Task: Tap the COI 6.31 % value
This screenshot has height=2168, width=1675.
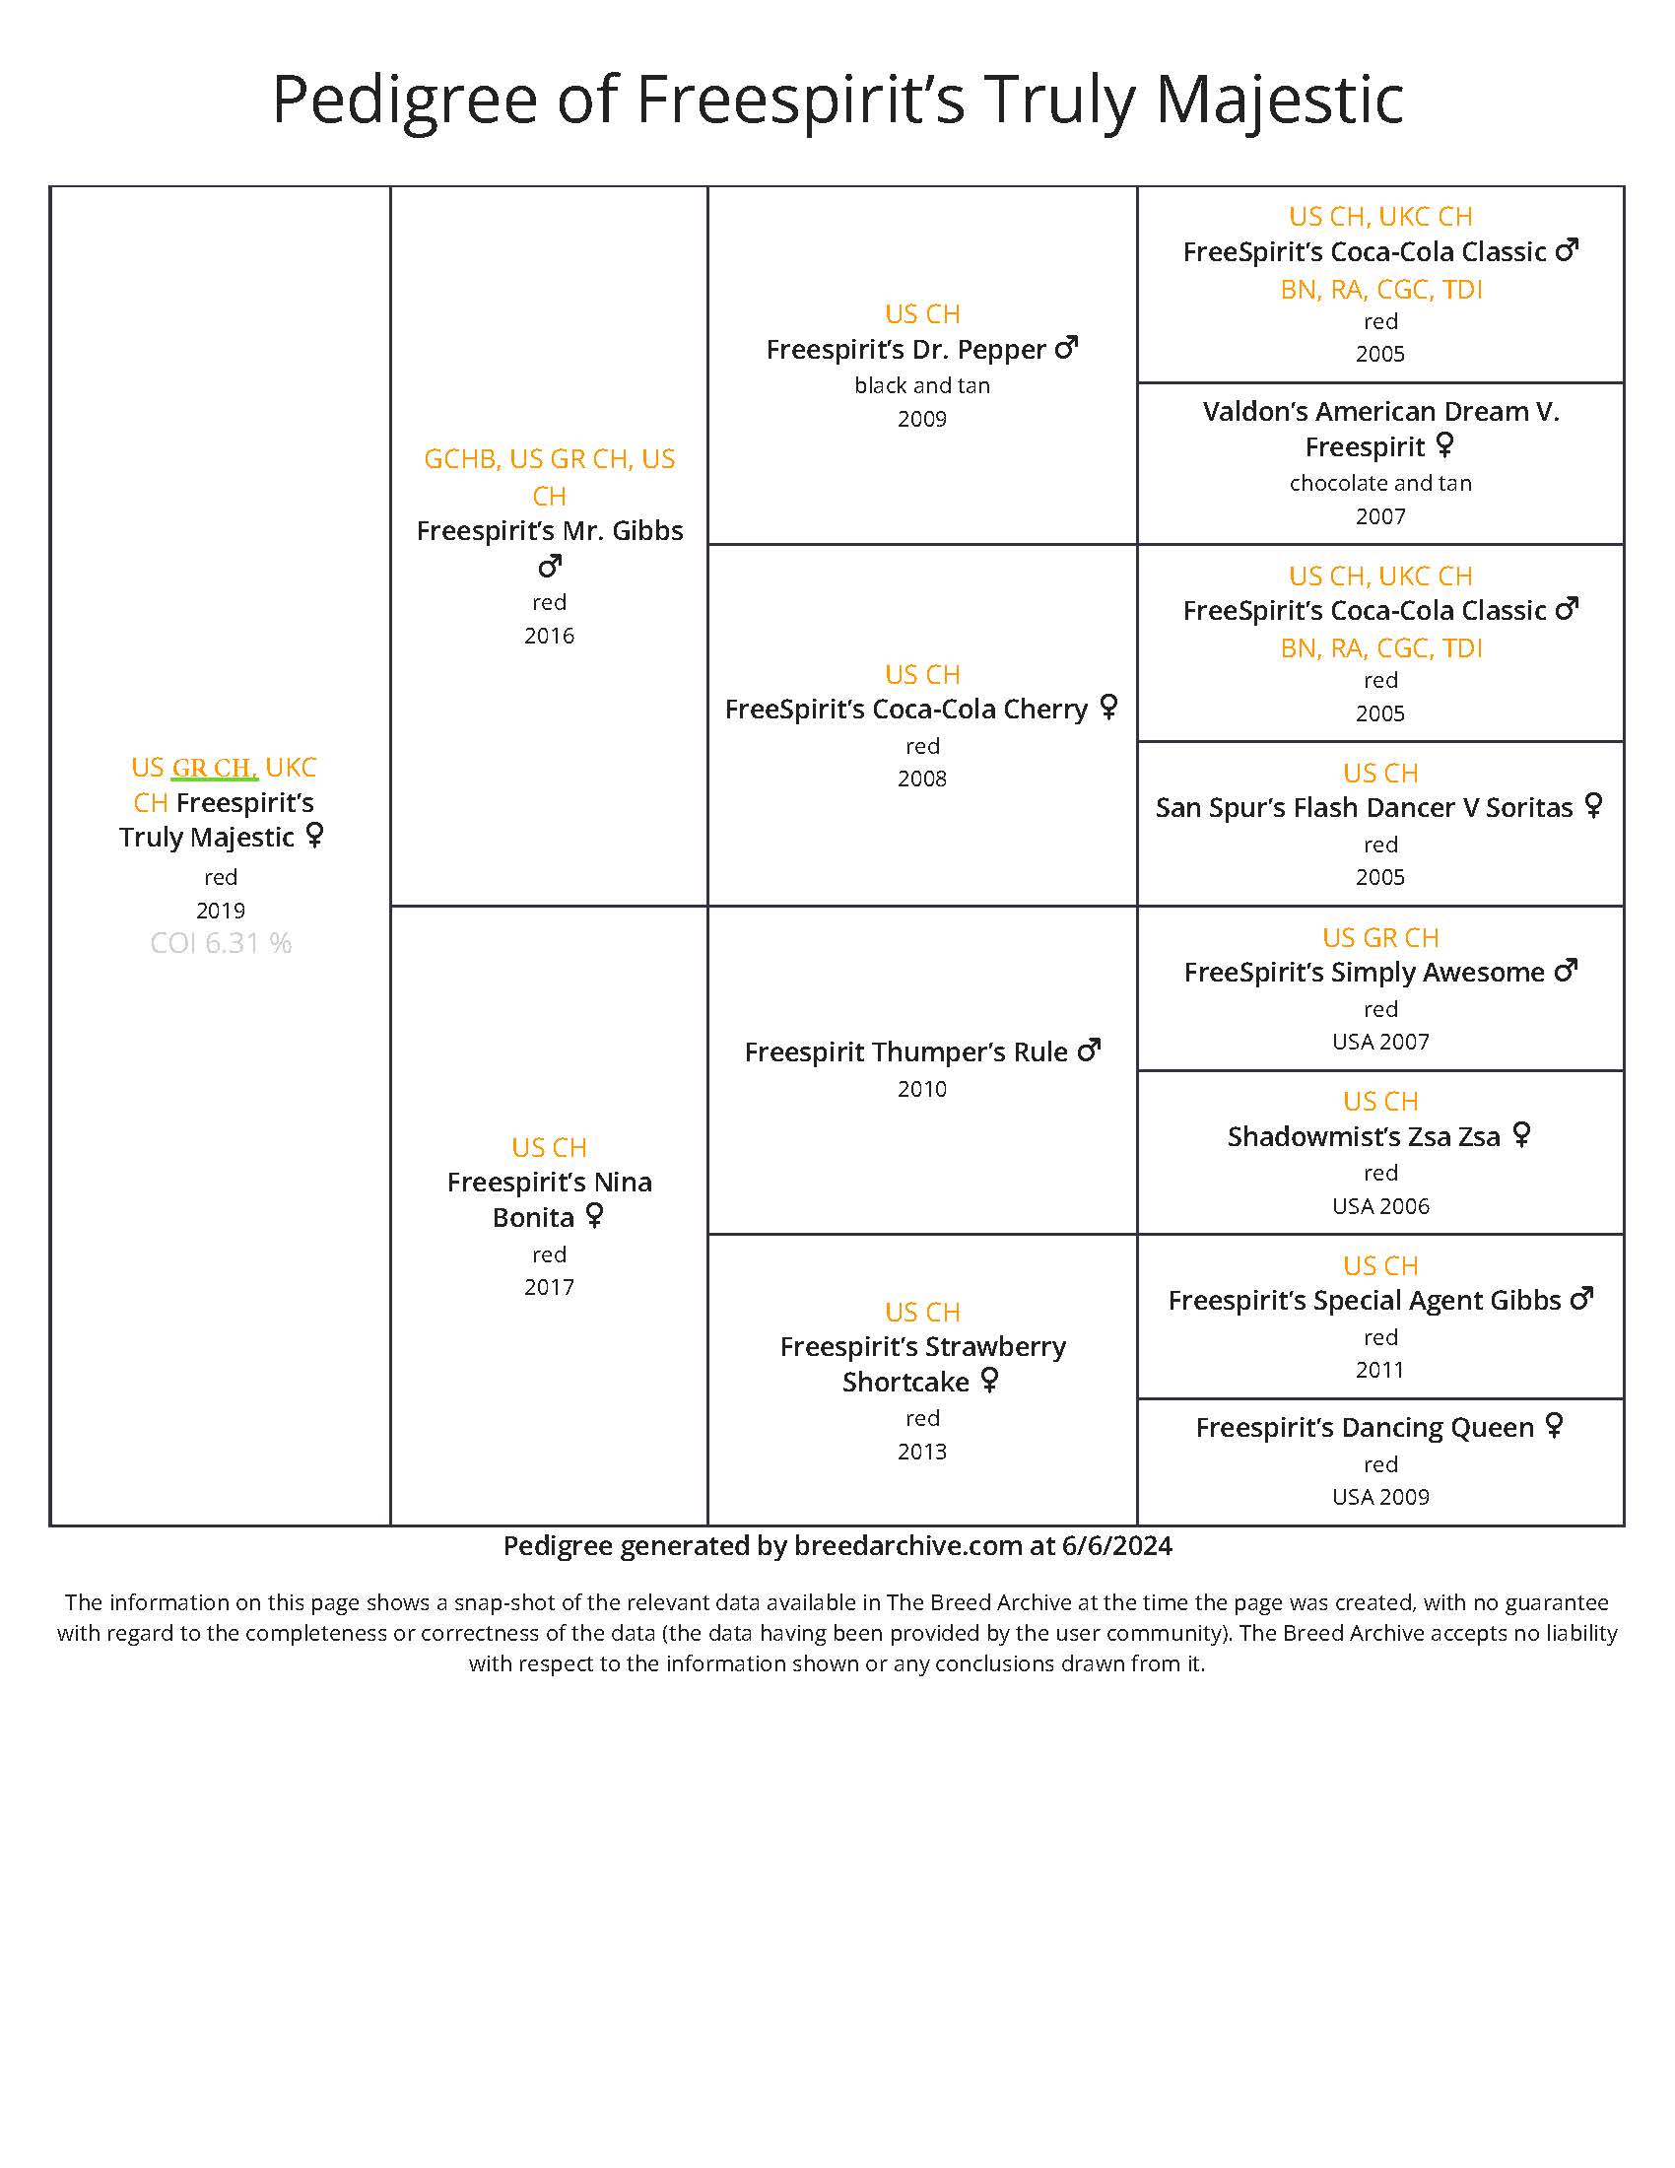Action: pos(221,943)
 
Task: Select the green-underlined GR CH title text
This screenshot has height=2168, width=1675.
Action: pos(215,768)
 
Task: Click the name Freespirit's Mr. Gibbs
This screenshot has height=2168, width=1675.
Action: pos(549,531)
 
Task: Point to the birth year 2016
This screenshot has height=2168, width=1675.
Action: pos(549,636)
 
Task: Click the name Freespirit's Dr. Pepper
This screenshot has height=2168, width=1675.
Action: pos(905,350)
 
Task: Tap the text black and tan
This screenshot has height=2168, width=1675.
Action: pos(922,385)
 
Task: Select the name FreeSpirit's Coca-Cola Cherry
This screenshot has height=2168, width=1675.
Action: pos(905,710)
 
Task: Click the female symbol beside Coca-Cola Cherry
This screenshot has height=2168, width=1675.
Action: pos(1109,707)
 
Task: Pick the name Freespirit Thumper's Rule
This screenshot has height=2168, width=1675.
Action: pos(905,1052)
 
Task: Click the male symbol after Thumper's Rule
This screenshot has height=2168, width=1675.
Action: pos(1090,1050)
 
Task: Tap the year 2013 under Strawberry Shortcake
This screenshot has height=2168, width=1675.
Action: pos(922,1452)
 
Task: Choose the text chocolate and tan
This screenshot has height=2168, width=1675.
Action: pos(1380,484)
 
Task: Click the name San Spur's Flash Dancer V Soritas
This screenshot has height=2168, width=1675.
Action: pos(1364,808)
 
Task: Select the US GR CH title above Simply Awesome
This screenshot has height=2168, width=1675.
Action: pos(1380,938)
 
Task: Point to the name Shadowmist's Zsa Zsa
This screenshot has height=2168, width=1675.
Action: pos(1364,1136)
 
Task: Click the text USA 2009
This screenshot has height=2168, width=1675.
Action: pos(1380,1497)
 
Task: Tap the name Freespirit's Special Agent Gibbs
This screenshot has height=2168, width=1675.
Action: pos(1364,1301)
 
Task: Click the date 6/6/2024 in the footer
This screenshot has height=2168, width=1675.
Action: pos(1116,1545)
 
